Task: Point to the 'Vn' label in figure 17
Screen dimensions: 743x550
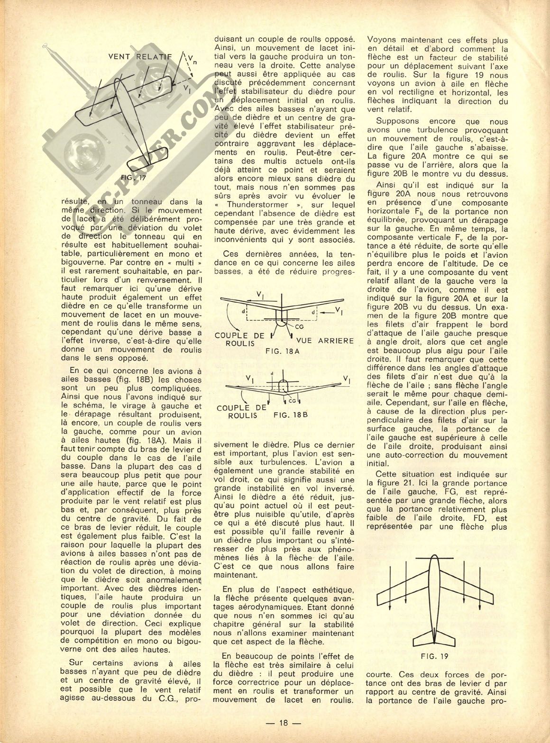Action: tap(190, 59)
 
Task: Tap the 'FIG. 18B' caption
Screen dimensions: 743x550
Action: tap(291, 414)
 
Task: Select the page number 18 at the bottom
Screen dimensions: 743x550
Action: tap(284, 723)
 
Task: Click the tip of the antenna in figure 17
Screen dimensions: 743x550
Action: tap(46, 47)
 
